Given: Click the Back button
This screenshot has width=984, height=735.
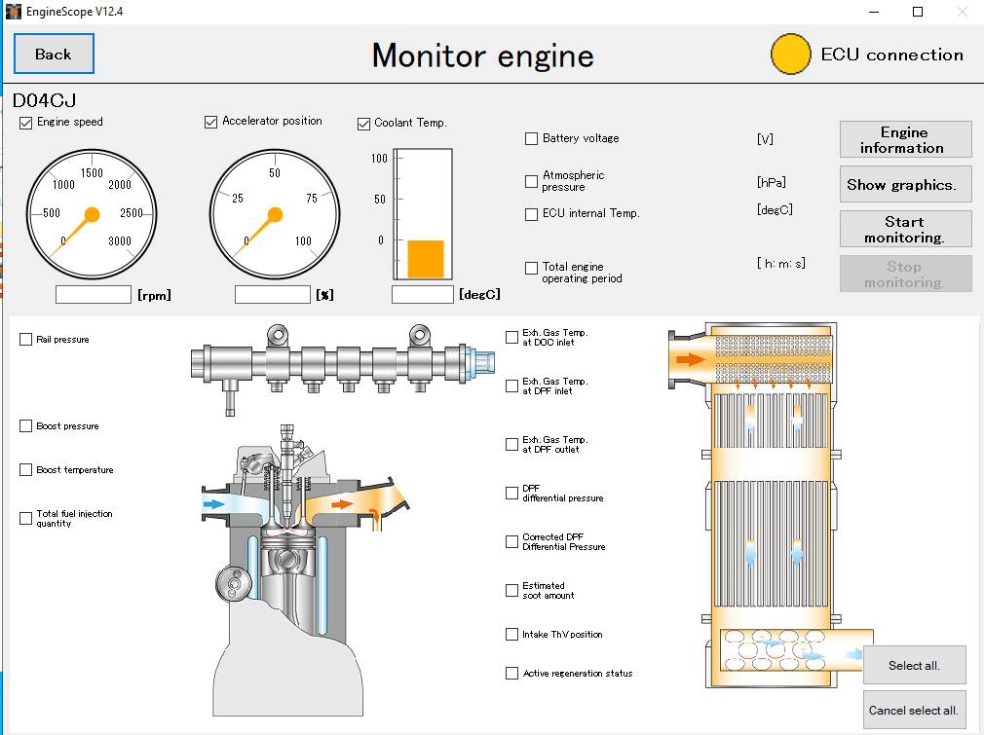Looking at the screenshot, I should [54, 54].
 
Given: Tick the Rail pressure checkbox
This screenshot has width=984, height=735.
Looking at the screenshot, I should [26, 340].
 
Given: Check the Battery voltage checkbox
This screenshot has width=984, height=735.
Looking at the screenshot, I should [531, 139].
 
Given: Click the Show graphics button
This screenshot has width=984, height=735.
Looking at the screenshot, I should [904, 185].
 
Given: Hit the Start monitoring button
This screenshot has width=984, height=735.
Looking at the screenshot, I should [904, 230].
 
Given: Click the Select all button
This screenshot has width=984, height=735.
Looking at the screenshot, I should [913, 666].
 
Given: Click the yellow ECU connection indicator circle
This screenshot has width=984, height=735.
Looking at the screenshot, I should [791, 55].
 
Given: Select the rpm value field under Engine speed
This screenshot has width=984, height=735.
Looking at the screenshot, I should [94, 294].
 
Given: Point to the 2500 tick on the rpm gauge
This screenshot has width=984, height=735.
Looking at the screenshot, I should [131, 212].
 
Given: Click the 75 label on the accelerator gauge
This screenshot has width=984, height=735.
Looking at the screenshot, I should [311, 199].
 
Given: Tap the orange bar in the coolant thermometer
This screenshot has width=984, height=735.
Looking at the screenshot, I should [425, 259].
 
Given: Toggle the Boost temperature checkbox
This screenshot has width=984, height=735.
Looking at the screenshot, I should [26, 470].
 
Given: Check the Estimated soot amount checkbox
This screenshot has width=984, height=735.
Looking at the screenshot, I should [512, 591].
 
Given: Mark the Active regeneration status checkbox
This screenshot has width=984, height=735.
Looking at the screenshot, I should [512, 674].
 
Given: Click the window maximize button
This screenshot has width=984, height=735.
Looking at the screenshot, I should [917, 12].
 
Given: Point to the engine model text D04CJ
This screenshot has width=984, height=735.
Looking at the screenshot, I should [45, 100].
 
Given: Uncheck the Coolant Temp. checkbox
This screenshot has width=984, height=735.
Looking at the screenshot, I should [364, 124].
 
